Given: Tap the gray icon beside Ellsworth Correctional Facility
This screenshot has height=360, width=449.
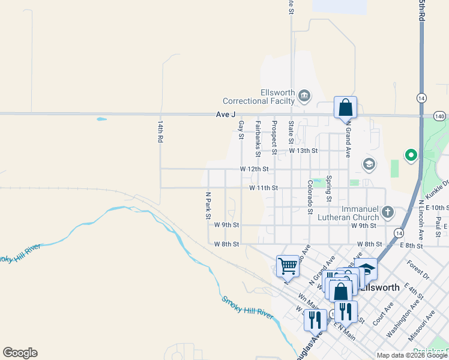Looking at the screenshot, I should [304, 95].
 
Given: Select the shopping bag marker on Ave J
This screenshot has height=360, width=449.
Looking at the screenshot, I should [345, 108].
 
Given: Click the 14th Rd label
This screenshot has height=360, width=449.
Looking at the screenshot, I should [160, 130].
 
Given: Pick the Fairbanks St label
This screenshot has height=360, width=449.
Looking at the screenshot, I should [258, 139].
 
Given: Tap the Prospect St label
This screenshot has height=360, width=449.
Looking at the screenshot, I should [274, 137].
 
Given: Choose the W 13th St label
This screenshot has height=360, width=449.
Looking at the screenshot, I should [303, 151].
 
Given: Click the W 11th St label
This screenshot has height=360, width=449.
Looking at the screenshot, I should [264, 188].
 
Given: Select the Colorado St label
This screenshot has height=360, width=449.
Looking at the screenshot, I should [310, 197].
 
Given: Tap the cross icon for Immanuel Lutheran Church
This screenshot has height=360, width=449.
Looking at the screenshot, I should [388, 212].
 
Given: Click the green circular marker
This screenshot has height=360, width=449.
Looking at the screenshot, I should [411, 156].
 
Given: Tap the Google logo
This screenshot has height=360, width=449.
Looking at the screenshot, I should [20, 353].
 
